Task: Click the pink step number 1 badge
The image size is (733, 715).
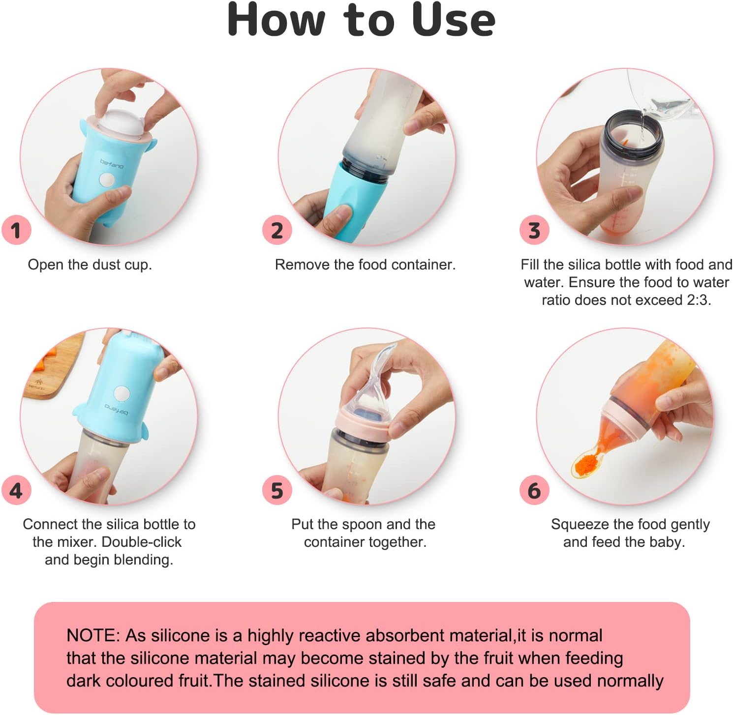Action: coord(16,230)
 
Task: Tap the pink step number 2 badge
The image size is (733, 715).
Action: coord(277,230)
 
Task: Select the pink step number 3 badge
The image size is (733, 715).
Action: coord(534,230)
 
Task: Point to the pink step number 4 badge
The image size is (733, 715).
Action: coord(16,490)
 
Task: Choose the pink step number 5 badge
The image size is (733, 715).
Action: coord(277,490)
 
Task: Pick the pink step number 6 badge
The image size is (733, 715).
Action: coord(534,490)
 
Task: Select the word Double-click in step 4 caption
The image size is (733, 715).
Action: coord(142,542)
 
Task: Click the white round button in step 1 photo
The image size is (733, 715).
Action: coord(107,180)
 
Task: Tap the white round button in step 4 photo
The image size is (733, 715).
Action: coord(122,393)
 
